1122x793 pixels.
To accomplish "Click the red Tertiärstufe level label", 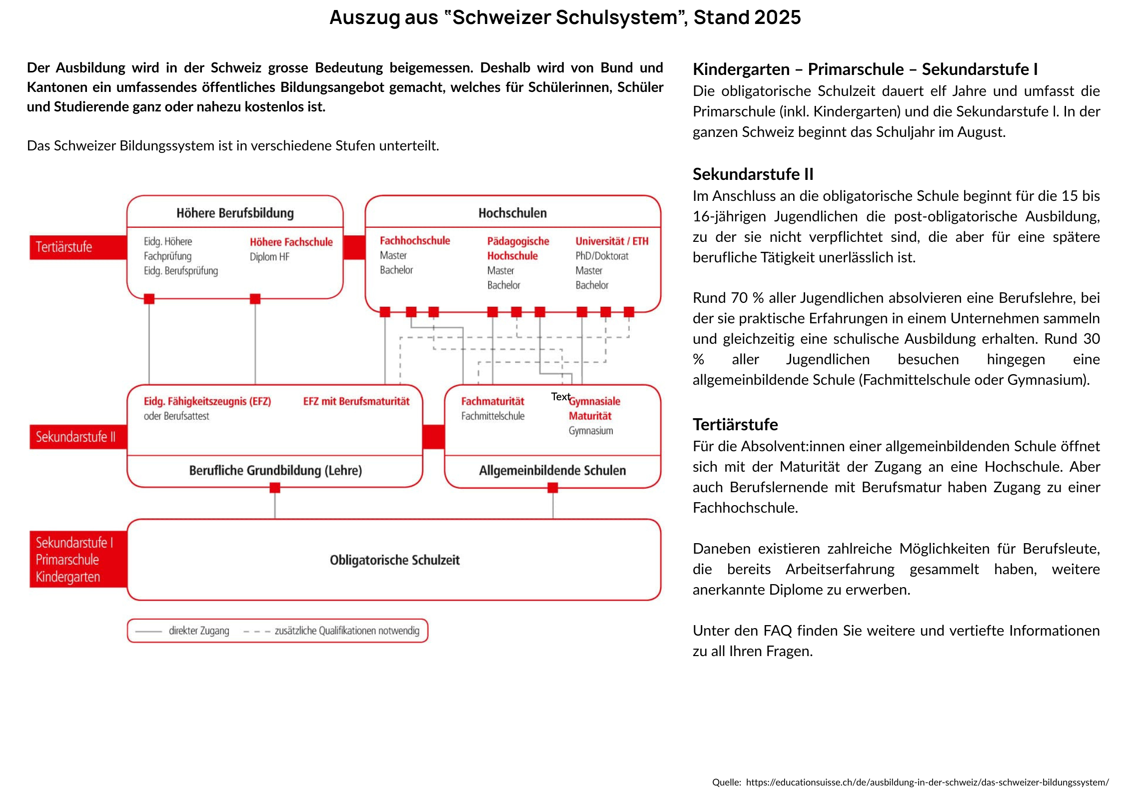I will point(64,247).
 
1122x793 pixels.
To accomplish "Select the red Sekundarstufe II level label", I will point(75,437).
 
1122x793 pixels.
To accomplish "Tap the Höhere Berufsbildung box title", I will point(235,213).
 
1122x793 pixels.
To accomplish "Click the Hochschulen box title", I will point(512,213).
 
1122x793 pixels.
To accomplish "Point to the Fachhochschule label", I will point(415,241).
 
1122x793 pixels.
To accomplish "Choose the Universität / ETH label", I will point(612,241).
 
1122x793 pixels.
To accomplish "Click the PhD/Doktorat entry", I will point(602,256).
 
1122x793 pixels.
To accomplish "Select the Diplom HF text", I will point(269,257).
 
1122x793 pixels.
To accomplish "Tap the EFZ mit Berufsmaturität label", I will point(356,401).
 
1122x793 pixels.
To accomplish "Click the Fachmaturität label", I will point(492,401).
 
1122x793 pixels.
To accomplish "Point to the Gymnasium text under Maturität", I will point(591,431).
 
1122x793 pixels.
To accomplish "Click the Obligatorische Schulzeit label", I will point(394,560).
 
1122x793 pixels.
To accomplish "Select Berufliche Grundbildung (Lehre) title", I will point(275,470).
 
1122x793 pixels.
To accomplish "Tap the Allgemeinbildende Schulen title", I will point(552,470).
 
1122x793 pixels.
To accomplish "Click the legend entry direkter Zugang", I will point(199,631).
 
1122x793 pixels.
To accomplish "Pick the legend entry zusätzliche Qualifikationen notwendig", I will point(347,631).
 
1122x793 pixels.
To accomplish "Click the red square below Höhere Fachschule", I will point(255,299).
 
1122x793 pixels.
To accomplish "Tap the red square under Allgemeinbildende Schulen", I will point(553,488).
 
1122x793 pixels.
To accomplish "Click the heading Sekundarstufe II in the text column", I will point(753,174).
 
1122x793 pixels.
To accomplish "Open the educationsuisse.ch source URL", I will point(927,782).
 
